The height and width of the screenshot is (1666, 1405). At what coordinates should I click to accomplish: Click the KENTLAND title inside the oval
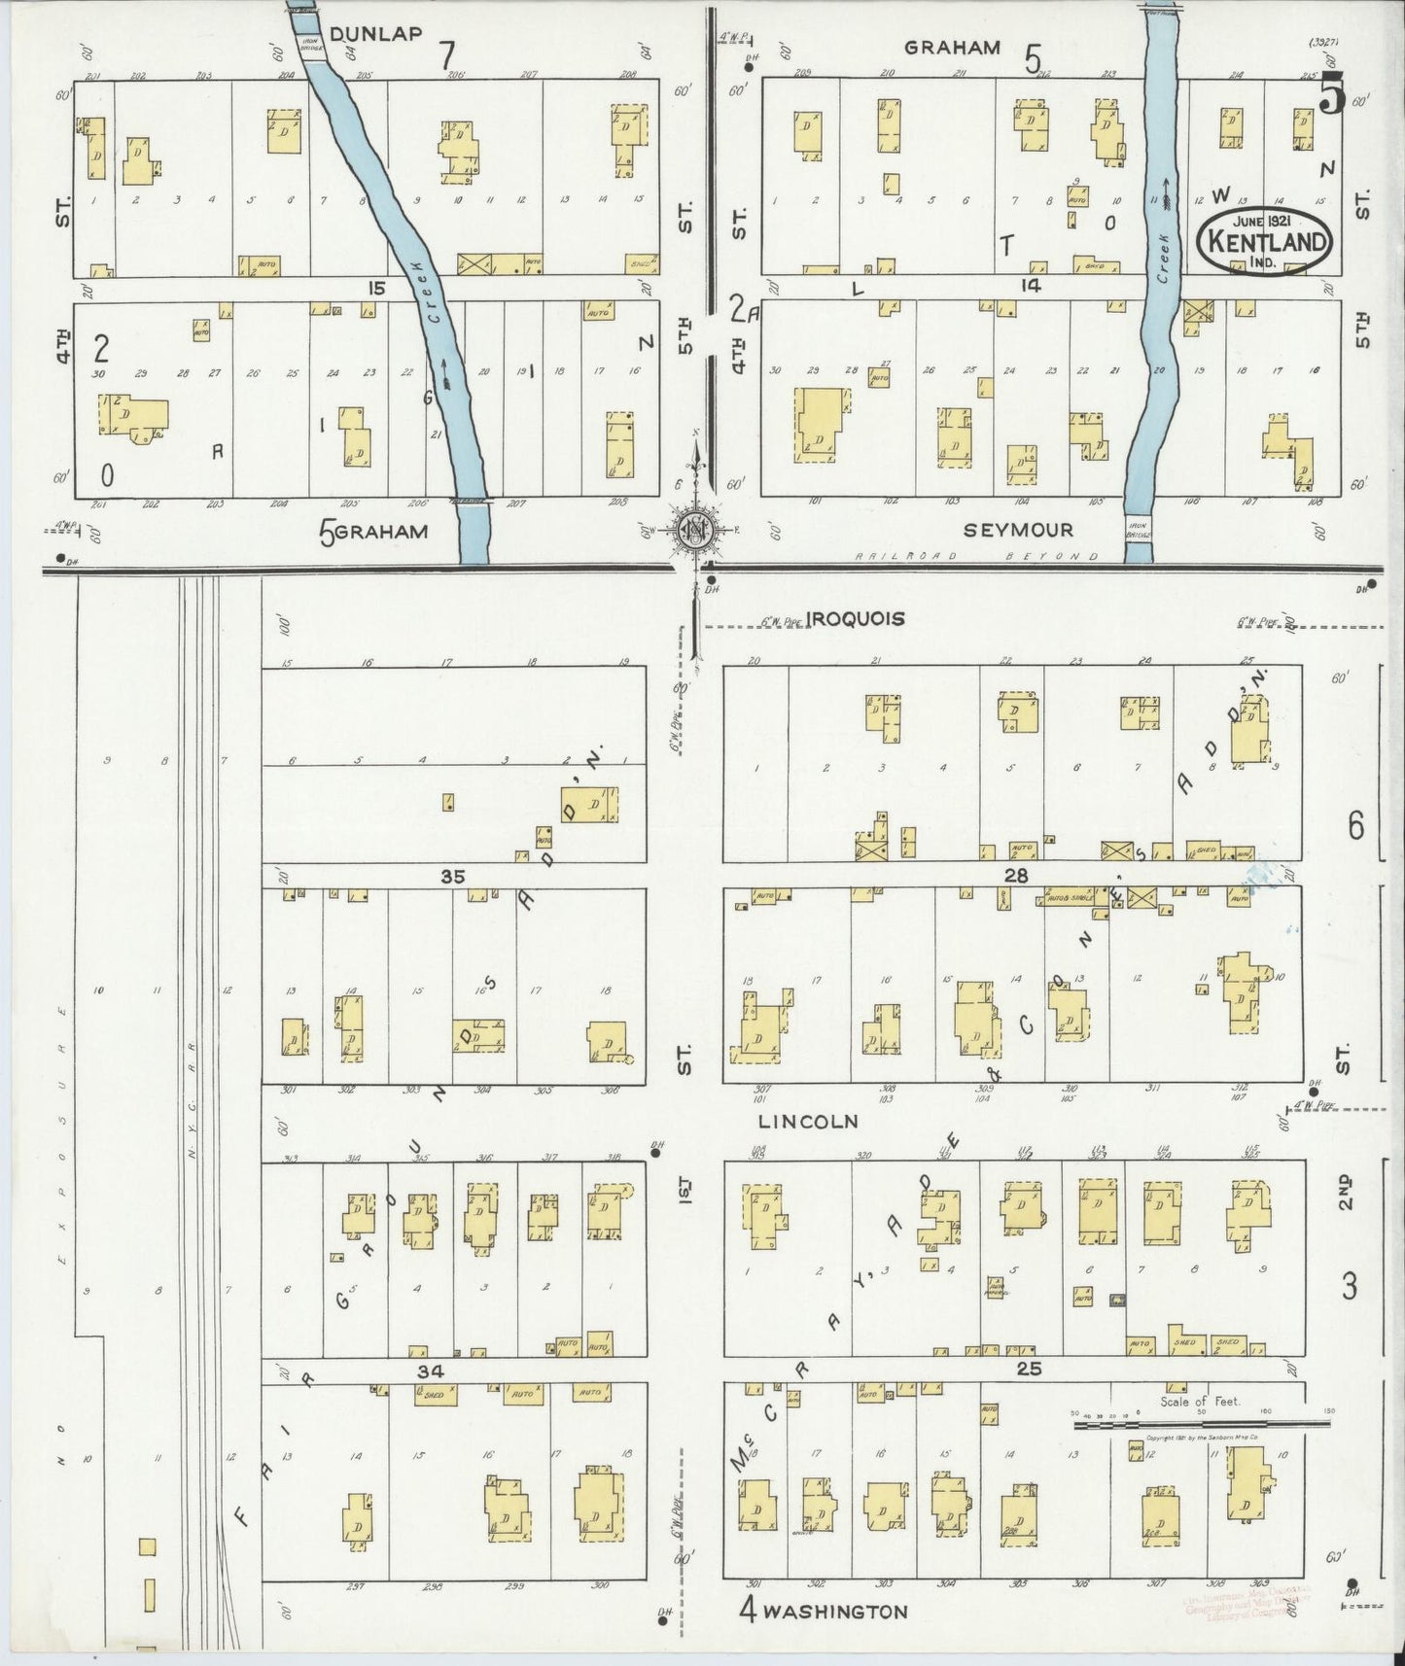point(1263,241)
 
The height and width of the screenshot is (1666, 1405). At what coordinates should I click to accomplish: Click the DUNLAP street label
point(375,34)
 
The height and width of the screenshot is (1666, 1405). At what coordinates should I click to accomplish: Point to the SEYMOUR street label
point(1018,530)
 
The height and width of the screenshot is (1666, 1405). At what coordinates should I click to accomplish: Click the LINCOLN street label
point(808,1121)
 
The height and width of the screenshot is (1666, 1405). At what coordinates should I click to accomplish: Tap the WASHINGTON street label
point(834,1612)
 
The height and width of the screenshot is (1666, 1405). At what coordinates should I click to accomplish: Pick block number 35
point(452,876)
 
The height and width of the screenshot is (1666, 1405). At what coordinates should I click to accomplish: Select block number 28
point(1016,876)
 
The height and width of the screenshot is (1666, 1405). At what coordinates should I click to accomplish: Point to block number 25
point(1030,1369)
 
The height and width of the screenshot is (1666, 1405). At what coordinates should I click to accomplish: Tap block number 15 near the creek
point(376,288)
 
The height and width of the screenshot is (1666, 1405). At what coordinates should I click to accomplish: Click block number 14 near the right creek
point(1031,285)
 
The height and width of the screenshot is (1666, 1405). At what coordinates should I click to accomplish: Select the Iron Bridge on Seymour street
point(1138,533)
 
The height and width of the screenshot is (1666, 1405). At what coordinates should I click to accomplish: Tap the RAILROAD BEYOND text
point(976,556)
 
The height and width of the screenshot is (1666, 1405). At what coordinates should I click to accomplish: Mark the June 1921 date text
point(1263,221)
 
